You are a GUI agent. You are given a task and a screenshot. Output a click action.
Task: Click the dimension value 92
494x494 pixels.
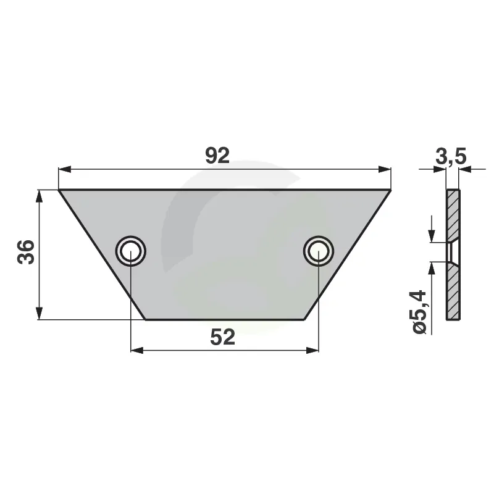click(x=217, y=156)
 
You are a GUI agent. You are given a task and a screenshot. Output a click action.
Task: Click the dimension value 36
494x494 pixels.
click(x=26, y=252)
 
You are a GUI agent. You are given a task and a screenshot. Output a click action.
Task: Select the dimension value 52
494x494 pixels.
click(x=222, y=337)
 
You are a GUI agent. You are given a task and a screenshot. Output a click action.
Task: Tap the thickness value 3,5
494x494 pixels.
click(x=451, y=157)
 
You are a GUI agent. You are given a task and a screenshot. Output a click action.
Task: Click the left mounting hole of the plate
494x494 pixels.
click(x=131, y=251)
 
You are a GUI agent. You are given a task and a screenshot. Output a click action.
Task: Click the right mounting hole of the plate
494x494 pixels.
click(x=319, y=251)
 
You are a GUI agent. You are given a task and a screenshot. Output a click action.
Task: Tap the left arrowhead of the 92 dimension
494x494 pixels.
click(x=65, y=169)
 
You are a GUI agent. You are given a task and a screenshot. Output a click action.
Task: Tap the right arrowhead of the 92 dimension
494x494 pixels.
click(x=385, y=169)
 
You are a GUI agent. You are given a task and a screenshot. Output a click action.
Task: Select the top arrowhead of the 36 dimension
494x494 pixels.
click(x=39, y=196)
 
